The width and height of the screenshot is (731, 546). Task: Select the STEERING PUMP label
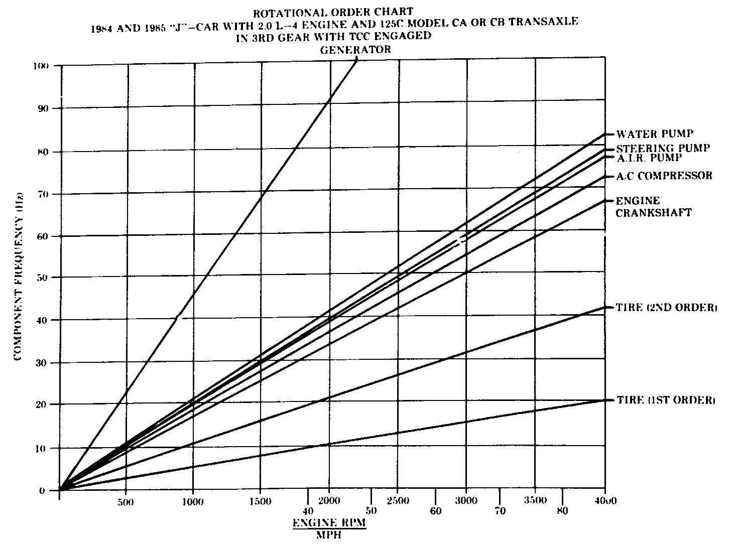point(663,149)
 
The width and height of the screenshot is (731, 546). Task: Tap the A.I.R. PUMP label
point(649,158)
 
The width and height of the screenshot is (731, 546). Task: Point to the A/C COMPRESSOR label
point(664,176)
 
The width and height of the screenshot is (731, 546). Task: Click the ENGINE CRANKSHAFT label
point(653,207)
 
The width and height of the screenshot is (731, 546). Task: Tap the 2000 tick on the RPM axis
point(329,501)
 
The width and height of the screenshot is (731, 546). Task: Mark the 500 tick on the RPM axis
point(126,502)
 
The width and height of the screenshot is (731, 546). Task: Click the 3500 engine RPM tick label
point(535,501)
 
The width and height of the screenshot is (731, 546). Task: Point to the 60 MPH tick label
point(435,511)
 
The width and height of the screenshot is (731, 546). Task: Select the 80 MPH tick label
point(562,511)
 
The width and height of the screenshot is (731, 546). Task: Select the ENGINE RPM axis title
point(329,523)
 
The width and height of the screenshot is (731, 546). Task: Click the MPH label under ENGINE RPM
point(329,535)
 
